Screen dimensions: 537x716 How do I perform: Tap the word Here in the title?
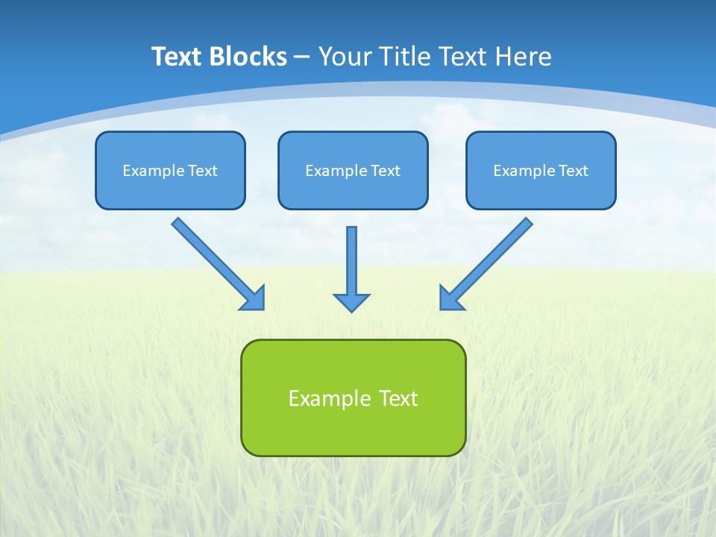(522, 57)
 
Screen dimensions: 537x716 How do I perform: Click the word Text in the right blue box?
(573, 171)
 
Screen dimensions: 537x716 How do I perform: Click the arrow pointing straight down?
(351, 261)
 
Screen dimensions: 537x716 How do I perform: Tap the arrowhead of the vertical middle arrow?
(351, 302)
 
